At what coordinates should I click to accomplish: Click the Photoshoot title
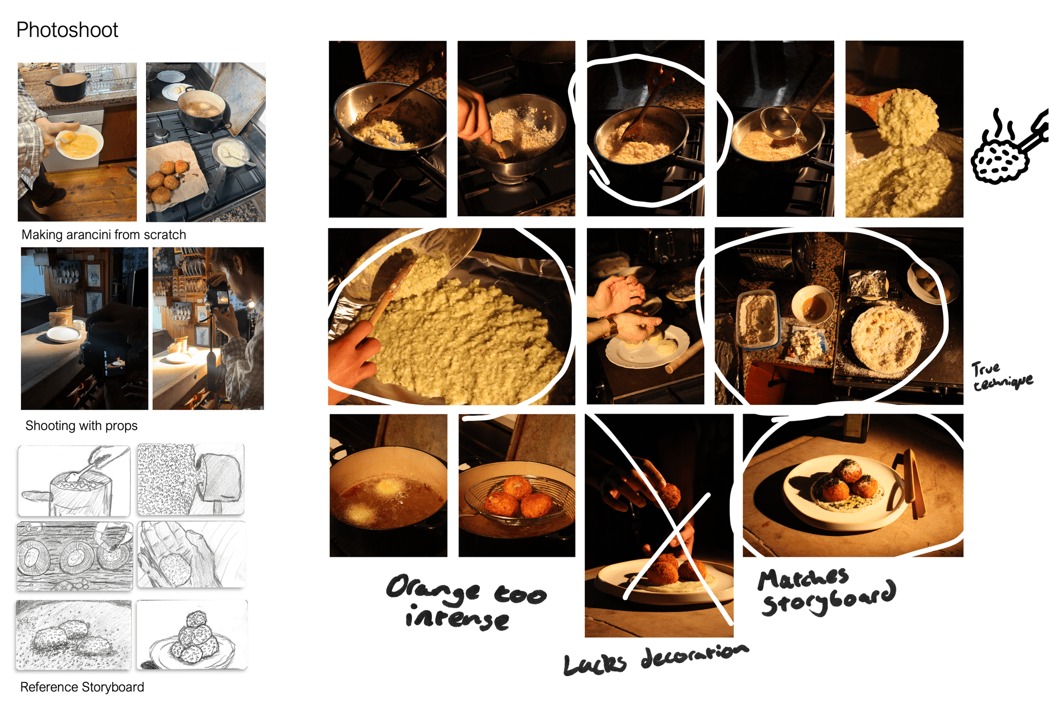tap(67, 30)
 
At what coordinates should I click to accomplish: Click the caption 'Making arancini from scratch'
tap(103, 235)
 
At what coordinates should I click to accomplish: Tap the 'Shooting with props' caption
tap(81, 426)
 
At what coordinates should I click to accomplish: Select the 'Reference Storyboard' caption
tap(82, 687)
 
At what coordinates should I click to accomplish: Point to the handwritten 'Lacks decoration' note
tap(656, 660)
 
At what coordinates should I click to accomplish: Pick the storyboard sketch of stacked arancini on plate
tap(192, 635)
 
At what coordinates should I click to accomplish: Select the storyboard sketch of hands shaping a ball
tap(192, 555)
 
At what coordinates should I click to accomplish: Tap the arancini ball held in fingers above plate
tap(668, 496)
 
